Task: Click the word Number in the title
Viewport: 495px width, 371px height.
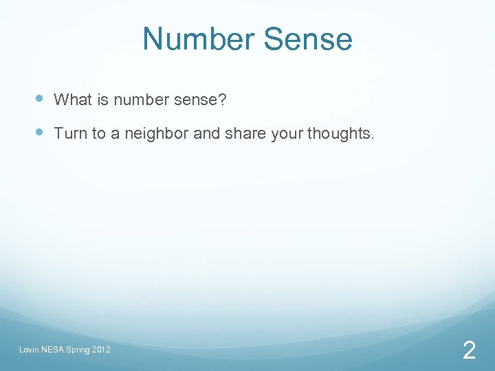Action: coord(199,39)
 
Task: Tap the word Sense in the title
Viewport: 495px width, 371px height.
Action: coord(308,39)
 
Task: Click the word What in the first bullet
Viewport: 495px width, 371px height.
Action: coord(73,100)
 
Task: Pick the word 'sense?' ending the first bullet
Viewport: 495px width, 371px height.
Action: coord(200,100)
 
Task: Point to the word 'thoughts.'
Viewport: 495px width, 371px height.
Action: coord(341,133)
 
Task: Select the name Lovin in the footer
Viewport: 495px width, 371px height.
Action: coord(29,350)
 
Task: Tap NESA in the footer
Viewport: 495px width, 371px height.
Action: coord(53,350)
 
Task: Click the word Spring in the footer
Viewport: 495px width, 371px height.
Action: coord(78,350)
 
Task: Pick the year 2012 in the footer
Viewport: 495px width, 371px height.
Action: coord(101,350)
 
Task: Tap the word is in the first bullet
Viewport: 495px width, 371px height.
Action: coord(103,100)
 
